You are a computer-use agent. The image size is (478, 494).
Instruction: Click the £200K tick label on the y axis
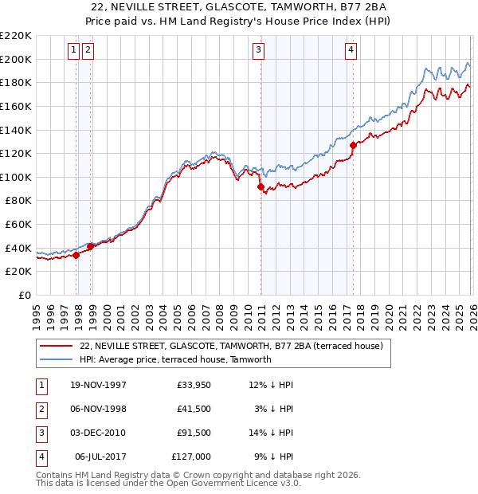(x=16, y=59)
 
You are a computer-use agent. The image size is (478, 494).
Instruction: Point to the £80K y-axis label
(x=18, y=201)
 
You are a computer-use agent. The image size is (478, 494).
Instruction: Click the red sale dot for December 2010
(x=261, y=187)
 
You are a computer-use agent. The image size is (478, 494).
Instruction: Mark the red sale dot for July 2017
(x=353, y=145)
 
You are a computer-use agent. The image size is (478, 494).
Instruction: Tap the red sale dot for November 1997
(x=76, y=256)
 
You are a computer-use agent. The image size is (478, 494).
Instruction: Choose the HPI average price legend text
(x=175, y=359)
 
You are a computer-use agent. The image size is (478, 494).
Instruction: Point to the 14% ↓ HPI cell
(x=272, y=433)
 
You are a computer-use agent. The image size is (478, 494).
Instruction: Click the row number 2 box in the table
(x=40, y=409)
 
